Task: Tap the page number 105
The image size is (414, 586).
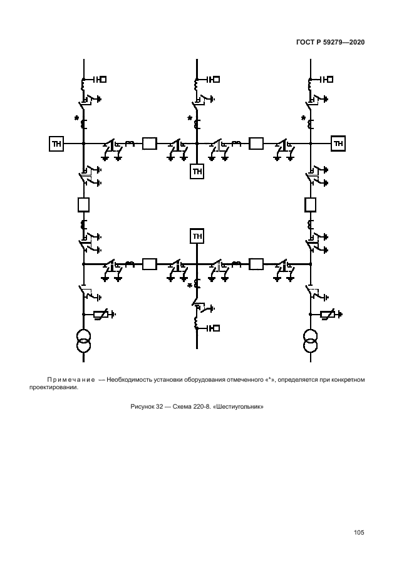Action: coord(359,533)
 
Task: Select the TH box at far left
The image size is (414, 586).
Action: coord(57,144)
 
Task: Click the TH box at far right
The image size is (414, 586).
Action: coord(339,144)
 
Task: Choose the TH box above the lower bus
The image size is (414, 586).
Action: coord(197,236)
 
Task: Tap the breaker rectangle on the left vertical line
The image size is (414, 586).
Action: coord(83,204)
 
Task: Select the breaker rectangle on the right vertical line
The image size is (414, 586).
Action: coord(310,204)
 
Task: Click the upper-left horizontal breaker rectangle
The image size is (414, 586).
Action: coord(149,144)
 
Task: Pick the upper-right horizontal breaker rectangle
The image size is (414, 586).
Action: coord(256,144)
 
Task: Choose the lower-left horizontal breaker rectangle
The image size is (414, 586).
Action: coord(149,264)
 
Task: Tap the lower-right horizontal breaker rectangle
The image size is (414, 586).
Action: coord(256,264)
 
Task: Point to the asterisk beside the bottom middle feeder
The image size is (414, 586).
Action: coord(190,286)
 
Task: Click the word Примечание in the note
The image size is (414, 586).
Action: coord(70,380)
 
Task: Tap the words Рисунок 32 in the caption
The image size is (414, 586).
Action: coord(147,406)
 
